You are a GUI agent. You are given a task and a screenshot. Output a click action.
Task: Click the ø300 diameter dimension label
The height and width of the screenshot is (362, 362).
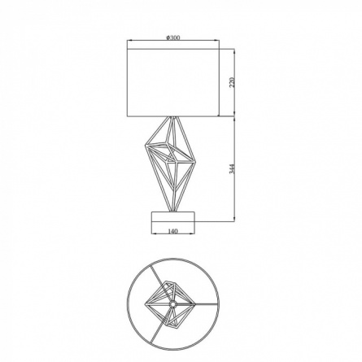pos(172,37)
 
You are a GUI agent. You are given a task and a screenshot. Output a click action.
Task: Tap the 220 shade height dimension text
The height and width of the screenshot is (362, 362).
pos(232,82)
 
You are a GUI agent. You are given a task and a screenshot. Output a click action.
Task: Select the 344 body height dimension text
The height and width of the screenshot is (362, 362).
pos(232,168)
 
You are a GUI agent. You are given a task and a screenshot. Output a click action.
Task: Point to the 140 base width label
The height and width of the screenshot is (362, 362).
pos(173,231)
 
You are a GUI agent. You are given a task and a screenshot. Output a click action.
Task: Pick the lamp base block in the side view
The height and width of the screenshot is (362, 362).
pos(173,220)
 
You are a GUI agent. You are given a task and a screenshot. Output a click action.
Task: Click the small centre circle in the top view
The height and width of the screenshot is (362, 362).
pos(172,304)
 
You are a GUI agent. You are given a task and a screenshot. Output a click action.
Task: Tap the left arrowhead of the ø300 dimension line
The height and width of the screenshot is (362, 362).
pos(129,41)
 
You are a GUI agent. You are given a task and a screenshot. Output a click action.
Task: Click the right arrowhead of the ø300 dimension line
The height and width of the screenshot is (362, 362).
pos(218,41)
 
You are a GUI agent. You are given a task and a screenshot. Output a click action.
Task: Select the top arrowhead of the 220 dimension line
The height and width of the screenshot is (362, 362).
pos(234,51)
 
